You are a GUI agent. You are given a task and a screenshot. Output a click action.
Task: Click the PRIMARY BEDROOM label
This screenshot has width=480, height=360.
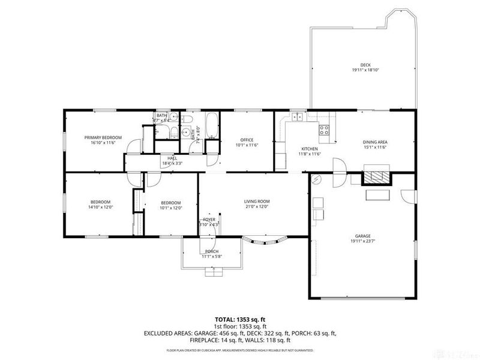(102, 137)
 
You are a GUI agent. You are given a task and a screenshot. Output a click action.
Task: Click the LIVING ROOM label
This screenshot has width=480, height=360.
(256, 202)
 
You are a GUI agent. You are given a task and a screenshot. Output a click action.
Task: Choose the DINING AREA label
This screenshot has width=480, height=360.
(375, 142)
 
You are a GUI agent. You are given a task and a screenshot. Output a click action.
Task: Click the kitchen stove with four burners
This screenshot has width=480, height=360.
(324, 128)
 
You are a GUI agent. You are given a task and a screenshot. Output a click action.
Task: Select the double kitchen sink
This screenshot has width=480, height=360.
(298, 118)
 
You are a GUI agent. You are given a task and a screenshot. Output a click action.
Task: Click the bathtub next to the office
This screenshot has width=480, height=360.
(211, 124)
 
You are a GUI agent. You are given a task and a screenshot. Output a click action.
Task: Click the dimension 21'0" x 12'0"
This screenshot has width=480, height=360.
(256, 207)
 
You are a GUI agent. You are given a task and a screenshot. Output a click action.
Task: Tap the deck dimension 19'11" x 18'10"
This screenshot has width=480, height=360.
(365, 70)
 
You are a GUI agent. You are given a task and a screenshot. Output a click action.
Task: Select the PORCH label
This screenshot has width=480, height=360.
(212, 251)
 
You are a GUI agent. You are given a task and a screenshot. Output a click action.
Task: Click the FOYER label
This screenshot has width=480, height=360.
(209, 220)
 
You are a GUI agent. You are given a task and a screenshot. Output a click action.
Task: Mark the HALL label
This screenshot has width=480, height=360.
(164, 159)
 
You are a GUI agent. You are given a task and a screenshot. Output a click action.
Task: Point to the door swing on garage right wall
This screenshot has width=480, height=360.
(407, 196)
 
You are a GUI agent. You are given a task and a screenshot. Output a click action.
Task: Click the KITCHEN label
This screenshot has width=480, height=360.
(309, 149)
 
